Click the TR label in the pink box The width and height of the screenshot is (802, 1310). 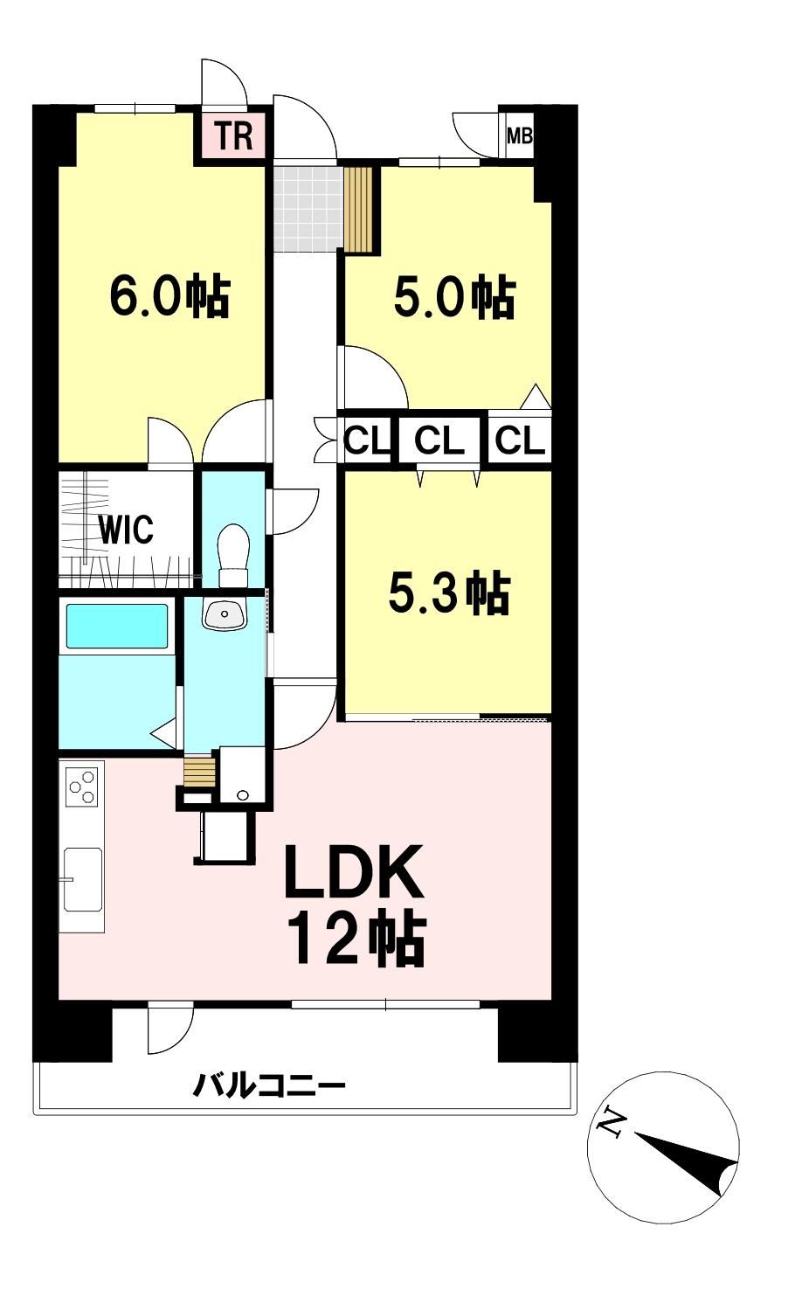point(234,135)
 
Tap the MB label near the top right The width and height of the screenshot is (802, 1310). point(519,136)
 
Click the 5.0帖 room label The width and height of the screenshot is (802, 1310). point(455,298)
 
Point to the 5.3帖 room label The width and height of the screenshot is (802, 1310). point(450,593)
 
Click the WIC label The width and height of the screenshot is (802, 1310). point(125,529)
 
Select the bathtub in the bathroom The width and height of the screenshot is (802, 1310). point(117,627)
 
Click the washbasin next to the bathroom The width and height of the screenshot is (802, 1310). point(225,615)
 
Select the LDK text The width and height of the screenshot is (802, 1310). point(353,871)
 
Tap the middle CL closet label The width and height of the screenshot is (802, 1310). point(439,441)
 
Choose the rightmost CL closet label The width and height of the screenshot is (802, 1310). point(519,441)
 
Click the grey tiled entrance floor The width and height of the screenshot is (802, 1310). point(308,209)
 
